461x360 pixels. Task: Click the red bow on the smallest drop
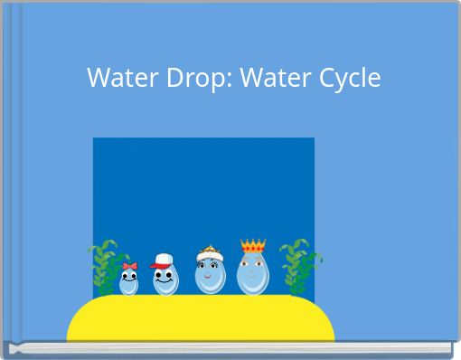(129, 267)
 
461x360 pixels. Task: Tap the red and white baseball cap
(163, 261)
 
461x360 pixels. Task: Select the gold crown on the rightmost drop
(252, 246)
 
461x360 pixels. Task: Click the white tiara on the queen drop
(208, 253)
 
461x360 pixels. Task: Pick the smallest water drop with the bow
(129, 283)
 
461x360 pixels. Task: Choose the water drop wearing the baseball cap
(165, 279)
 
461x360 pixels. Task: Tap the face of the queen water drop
(209, 271)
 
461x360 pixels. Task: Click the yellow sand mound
(201, 318)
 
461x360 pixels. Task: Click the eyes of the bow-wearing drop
(129, 278)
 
